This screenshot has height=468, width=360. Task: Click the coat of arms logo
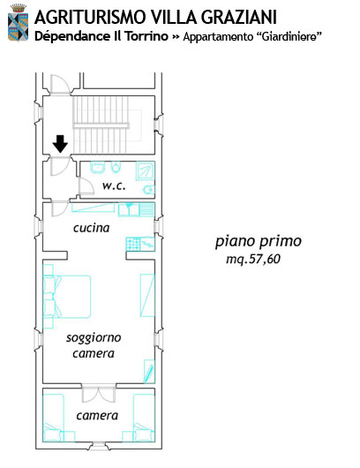pos(19,22)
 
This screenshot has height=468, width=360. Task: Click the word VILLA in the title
pos(174,17)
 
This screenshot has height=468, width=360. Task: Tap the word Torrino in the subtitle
pos(146,36)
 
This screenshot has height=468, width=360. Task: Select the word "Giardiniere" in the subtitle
pos(289,37)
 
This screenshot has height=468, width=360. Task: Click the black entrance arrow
pos(60,144)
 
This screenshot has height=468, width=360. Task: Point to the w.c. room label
pos(114,185)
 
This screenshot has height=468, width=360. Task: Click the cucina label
pos(91,228)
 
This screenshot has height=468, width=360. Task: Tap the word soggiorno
pos(94,338)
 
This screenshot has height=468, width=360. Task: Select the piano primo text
pos(259,241)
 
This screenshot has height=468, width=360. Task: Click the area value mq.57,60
pos(253,259)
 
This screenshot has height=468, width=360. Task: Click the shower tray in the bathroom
pos(146,170)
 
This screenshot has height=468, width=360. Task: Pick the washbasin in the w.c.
pos(98,168)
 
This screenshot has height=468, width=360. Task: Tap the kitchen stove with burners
pos(133,244)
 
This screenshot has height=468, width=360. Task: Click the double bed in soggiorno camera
pos(67,297)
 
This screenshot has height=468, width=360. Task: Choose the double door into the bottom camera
pos(99,395)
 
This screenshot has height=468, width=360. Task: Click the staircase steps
pos(101,125)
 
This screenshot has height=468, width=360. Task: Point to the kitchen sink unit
pos(137,209)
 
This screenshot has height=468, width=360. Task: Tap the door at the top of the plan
pos(60,85)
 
